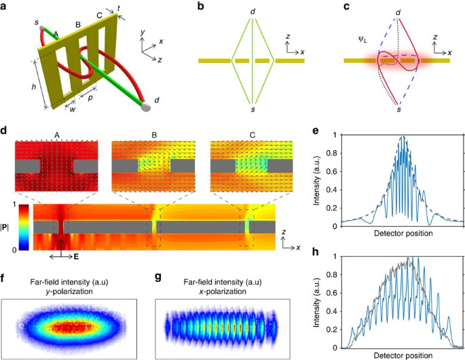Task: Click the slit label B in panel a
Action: pos(78,25)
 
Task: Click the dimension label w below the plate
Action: pos(69,104)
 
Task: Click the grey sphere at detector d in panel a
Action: pos(145,105)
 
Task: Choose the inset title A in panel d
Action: pos(57,134)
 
